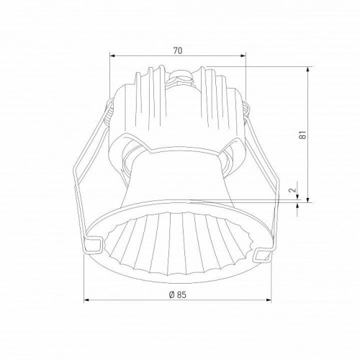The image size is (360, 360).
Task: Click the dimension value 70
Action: click(x=178, y=50)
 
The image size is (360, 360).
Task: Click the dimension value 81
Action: click(x=303, y=135)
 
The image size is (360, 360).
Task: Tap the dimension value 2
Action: click(x=292, y=190)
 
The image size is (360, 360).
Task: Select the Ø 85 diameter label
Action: click(x=178, y=294)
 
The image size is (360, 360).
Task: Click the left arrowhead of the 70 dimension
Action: click(x=112, y=56)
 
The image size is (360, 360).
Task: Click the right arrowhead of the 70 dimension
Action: click(x=243, y=56)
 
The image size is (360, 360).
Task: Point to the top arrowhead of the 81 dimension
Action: click(x=308, y=69)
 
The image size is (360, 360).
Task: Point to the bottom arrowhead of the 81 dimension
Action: click(x=308, y=199)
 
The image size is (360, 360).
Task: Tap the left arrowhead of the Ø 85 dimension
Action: click(x=86, y=300)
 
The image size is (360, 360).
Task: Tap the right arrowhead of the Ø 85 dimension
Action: click(x=269, y=300)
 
